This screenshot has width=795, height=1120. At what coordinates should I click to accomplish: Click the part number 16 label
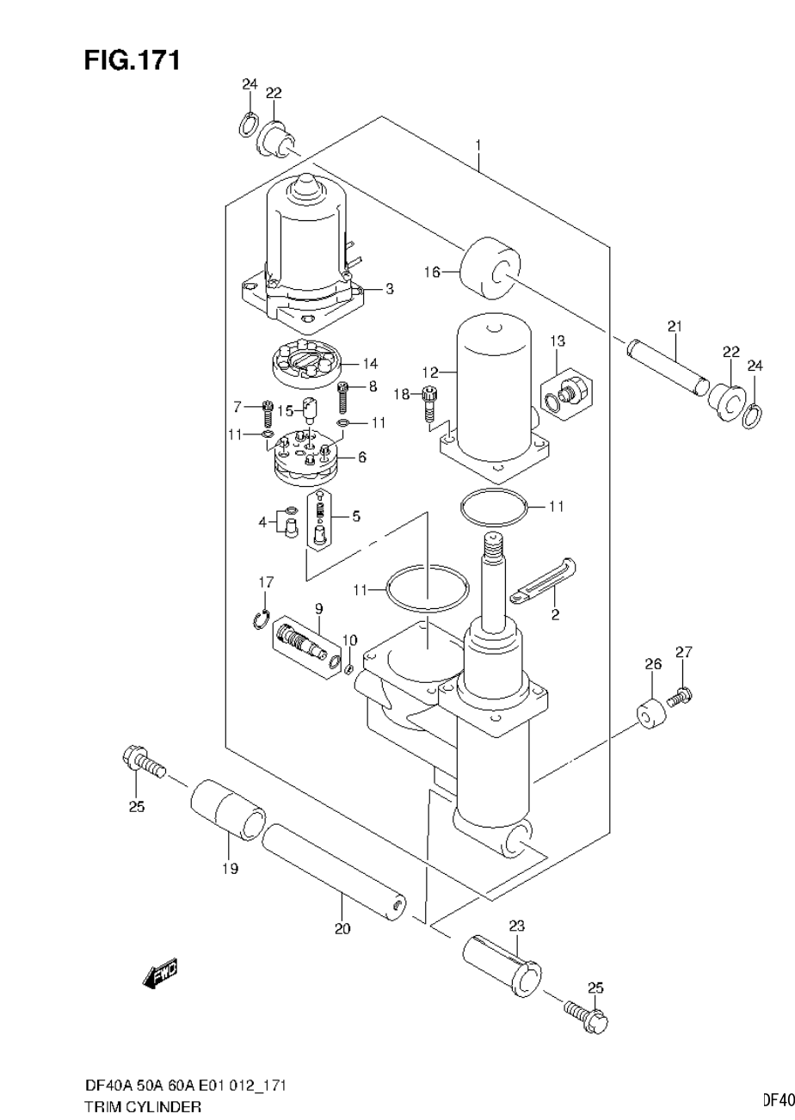point(431,272)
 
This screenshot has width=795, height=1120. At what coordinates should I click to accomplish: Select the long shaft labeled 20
point(336,871)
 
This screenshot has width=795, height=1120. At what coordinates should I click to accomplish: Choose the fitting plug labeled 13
point(566,392)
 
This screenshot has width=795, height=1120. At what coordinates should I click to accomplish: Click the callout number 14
point(370,362)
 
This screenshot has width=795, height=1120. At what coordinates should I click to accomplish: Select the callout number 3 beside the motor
point(389,289)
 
